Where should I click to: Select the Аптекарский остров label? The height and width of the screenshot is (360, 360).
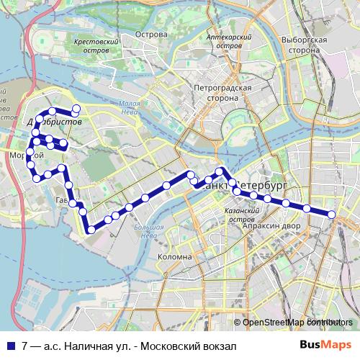[228, 40]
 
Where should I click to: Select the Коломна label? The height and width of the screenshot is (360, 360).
[174, 256]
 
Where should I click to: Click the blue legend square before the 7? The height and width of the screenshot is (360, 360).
[12, 346]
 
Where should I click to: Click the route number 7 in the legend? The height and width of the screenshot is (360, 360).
[25, 346]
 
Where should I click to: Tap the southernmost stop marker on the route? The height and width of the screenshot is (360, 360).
[91, 230]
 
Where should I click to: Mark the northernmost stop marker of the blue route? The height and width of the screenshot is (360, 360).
[75, 108]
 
